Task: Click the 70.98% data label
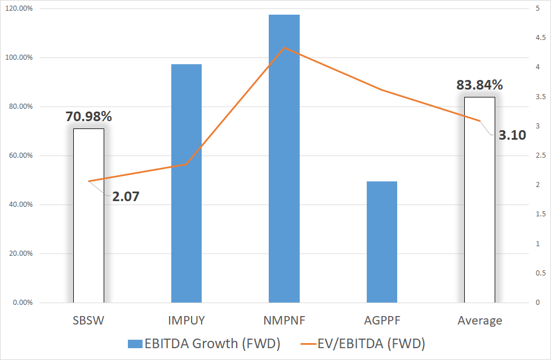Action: point(88,117)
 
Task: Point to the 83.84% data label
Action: point(479,86)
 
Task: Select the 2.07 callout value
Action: point(126,197)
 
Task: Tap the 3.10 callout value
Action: point(512,135)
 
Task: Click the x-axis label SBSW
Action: point(88,321)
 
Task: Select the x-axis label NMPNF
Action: point(284,321)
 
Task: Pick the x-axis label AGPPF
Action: point(382,321)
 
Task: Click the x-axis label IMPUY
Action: point(186,321)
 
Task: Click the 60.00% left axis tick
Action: point(19,155)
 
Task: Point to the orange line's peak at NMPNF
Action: point(284,48)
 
